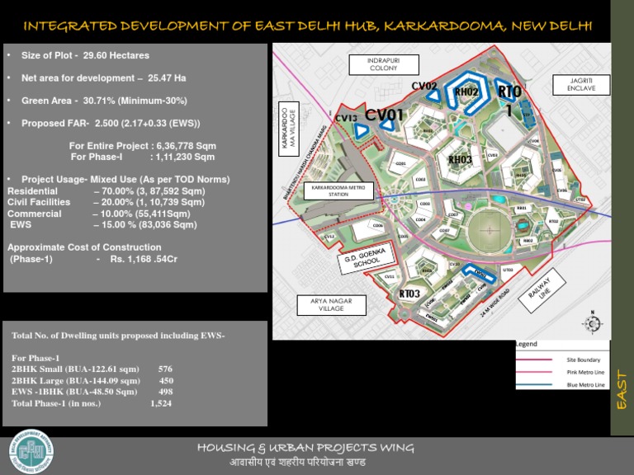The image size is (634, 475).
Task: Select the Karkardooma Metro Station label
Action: tap(338, 191)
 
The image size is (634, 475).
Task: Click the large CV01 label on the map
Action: tap(385, 115)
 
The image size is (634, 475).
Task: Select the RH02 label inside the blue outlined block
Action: tap(467, 92)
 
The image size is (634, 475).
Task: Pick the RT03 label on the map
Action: tap(410, 294)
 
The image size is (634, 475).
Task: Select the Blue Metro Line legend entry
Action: tap(586, 385)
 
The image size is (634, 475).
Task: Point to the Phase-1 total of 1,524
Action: tap(161, 403)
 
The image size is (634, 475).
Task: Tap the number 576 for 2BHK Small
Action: tap(165, 369)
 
